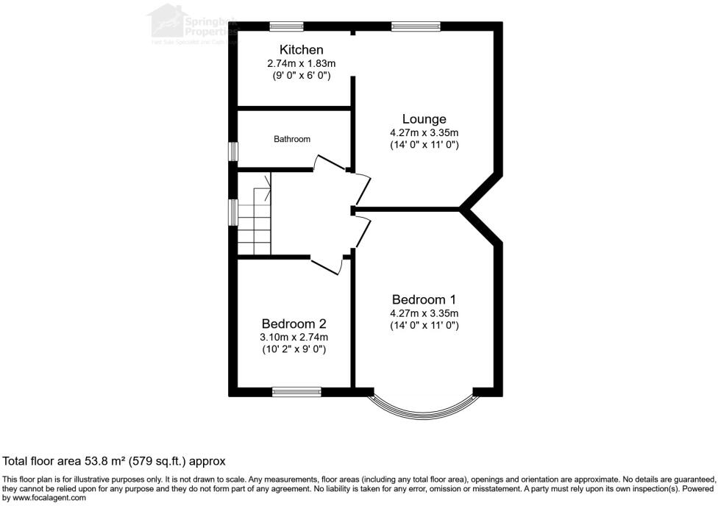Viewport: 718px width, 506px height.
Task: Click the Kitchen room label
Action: [x=301, y=49]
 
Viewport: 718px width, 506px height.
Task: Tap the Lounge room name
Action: [x=424, y=118]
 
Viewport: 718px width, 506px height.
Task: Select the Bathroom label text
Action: [x=292, y=139]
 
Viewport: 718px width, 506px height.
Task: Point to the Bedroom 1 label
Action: [x=424, y=299]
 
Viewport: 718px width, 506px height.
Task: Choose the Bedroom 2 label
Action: [x=294, y=324]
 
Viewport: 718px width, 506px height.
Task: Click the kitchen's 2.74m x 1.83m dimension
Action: [x=301, y=63]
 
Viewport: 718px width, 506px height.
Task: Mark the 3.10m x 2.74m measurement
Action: [x=294, y=337]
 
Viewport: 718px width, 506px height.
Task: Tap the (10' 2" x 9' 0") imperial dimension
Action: [x=294, y=349]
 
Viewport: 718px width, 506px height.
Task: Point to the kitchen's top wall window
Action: [x=287, y=27]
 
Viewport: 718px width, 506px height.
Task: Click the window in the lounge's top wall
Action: [x=416, y=27]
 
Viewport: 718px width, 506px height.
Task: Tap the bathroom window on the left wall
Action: [x=232, y=151]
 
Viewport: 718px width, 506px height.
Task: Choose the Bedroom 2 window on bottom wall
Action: [x=296, y=391]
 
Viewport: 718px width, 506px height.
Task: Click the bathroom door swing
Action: [x=329, y=165]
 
